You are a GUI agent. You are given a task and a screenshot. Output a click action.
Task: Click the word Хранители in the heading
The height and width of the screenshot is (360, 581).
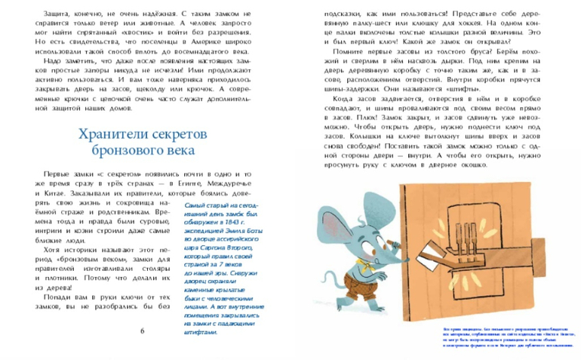105,134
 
